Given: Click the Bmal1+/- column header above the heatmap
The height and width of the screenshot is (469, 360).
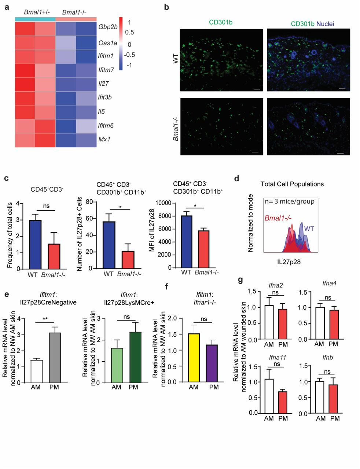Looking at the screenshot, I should point(35,12).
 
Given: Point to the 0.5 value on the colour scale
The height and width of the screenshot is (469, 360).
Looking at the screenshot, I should point(129,32).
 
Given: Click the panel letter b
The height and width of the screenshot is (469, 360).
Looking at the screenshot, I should point(167,7).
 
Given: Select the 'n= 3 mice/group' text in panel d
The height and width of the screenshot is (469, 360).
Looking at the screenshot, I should point(290,202).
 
